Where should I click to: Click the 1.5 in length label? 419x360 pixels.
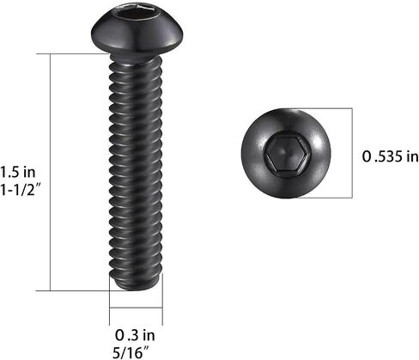[x=18, y=173]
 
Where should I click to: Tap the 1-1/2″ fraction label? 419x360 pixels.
[x=21, y=189]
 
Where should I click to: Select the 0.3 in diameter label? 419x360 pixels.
[x=135, y=335]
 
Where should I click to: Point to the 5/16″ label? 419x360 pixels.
[x=131, y=352]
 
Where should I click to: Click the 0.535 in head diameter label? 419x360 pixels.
[x=390, y=156]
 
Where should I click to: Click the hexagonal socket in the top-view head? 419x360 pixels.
[x=287, y=153]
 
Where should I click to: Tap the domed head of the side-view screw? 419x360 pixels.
[x=137, y=31]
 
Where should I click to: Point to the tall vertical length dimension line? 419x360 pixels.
[x=51, y=172]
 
